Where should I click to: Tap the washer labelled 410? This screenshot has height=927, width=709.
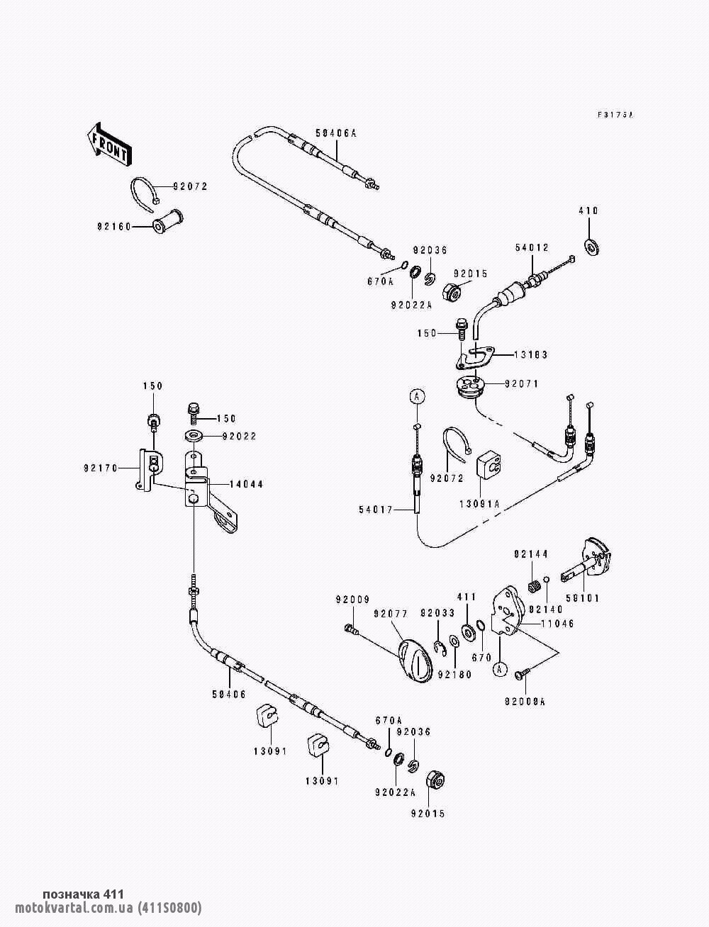point(590,246)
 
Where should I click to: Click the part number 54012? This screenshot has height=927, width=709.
point(531,247)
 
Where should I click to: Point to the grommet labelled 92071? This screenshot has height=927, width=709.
point(469,387)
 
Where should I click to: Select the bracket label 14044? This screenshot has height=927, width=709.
point(246,485)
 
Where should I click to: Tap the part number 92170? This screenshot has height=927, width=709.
point(101,468)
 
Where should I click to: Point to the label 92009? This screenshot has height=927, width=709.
point(352,600)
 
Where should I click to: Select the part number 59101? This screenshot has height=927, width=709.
point(581,598)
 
